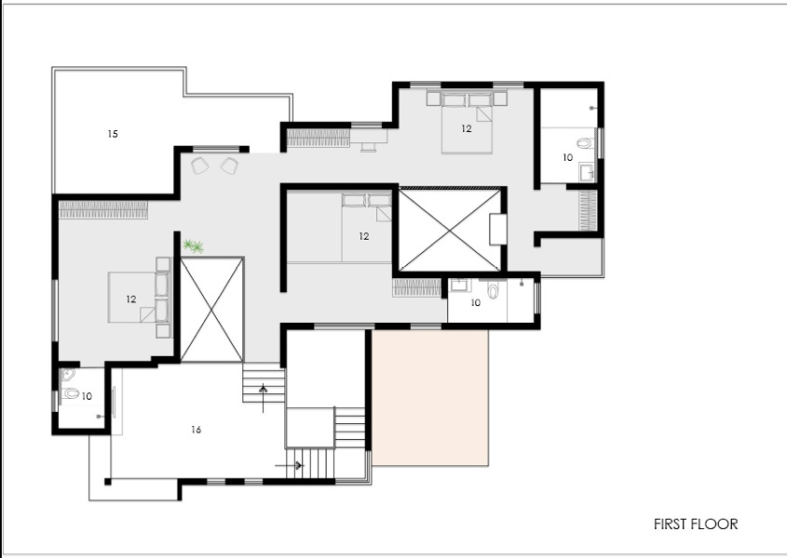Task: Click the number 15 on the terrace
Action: tap(113, 134)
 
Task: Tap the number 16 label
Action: tap(197, 430)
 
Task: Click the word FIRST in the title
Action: tap(671, 525)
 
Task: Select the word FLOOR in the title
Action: tap(715, 525)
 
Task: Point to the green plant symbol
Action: tap(193, 246)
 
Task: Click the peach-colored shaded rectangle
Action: tap(430, 397)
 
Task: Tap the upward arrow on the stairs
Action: tap(263, 397)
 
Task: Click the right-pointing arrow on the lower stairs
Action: tap(290, 466)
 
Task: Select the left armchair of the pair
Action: tap(199, 166)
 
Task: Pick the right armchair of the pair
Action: tap(230, 166)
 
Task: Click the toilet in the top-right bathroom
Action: tap(585, 144)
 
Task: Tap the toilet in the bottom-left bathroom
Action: tap(70, 393)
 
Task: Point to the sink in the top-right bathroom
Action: tap(586, 172)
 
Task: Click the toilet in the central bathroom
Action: tap(494, 290)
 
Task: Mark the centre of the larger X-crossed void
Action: tap(450, 230)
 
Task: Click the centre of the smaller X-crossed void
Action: tap(211, 310)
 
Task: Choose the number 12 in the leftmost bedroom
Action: tap(131, 299)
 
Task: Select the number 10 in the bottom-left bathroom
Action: tap(87, 396)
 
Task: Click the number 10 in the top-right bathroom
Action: tap(567, 158)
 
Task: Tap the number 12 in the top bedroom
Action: tap(467, 129)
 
